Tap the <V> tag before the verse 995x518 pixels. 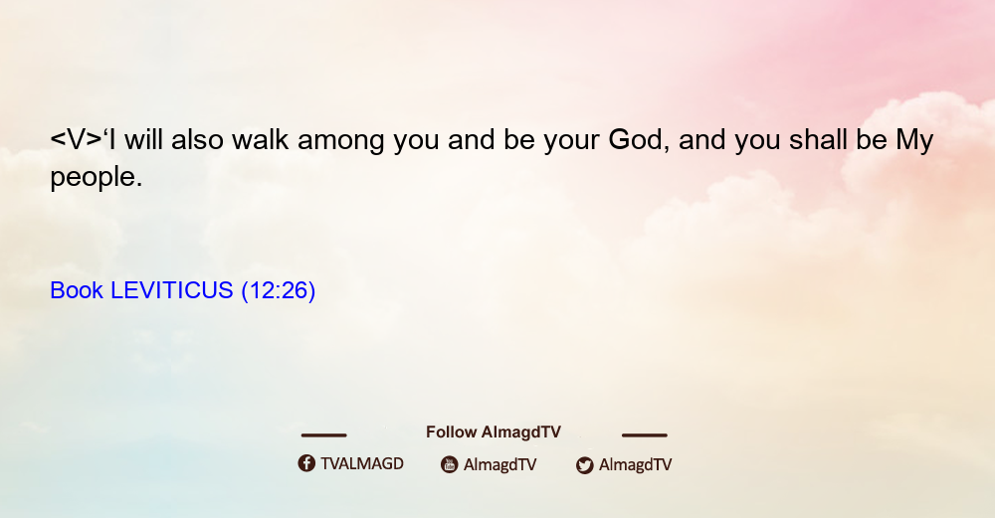[x=77, y=140]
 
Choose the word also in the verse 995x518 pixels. [x=197, y=139]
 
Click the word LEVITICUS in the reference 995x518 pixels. [x=172, y=290]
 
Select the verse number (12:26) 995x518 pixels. [x=278, y=291]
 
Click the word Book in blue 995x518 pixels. [x=77, y=290]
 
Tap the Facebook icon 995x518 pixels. [x=306, y=463]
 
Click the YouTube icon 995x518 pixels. [x=450, y=464]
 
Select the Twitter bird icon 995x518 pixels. [x=585, y=465]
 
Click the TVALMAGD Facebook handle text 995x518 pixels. [x=362, y=463]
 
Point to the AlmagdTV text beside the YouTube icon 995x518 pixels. [x=500, y=465]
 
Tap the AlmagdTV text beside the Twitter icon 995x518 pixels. [x=635, y=465]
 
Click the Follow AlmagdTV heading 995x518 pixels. [x=494, y=432]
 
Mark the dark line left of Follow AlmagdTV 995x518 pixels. [x=323, y=435]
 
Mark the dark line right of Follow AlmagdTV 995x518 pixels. [x=645, y=435]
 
